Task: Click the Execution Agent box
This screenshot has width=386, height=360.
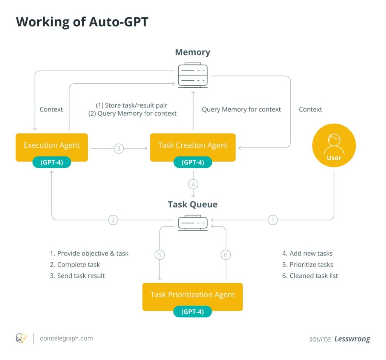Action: [x=52, y=145]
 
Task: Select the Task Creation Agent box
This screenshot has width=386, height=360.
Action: [x=193, y=145]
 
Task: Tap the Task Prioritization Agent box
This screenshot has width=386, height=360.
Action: [x=192, y=294]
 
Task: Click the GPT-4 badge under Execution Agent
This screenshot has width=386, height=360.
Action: [x=52, y=162]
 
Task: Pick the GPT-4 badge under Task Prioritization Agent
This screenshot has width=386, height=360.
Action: [x=192, y=312]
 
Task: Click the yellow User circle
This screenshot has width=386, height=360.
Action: [x=334, y=146]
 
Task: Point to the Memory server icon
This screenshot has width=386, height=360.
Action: [x=193, y=75]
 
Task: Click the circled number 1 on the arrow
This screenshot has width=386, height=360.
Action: [x=273, y=220]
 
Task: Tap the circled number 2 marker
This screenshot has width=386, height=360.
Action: [x=113, y=220]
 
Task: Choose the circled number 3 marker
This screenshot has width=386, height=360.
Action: [x=119, y=149]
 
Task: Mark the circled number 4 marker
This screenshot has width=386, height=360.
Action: [x=193, y=185]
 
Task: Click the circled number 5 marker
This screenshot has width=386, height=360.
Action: [x=160, y=255]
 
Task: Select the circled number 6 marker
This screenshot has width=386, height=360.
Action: [x=225, y=255]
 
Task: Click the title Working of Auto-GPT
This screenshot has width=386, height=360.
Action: [x=82, y=22]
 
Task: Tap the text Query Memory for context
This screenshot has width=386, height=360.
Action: [x=241, y=109]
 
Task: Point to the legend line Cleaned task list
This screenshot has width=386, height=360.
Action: [x=310, y=276]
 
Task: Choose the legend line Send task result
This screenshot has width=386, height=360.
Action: [x=77, y=276]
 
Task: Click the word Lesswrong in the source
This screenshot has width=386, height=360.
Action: [x=352, y=339]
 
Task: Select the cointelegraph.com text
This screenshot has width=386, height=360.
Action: [x=66, y=338]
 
